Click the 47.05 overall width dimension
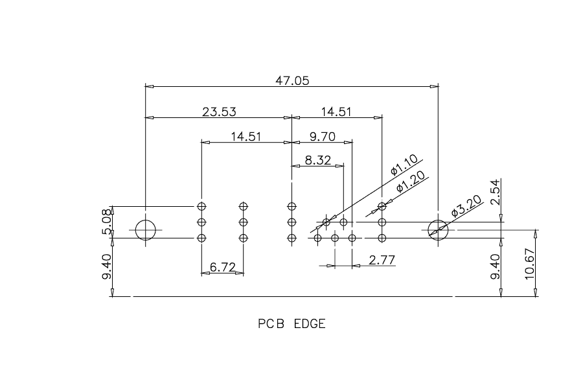coord(292,80)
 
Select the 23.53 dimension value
coord(219,112)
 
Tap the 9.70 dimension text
coord(323,137)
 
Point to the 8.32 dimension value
coord(318,160)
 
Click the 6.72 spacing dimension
coord(223,267)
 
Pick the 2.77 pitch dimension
coord(382,259)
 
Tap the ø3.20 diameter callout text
coord(466,206)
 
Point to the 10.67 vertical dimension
coord(529,264)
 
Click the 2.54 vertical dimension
coord(496,192)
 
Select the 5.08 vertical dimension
coord(106,222)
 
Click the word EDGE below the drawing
coord(310,324)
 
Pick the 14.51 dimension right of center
coord(336,112)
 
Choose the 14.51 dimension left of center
coord(246,137)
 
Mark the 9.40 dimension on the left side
coord(106,266)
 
